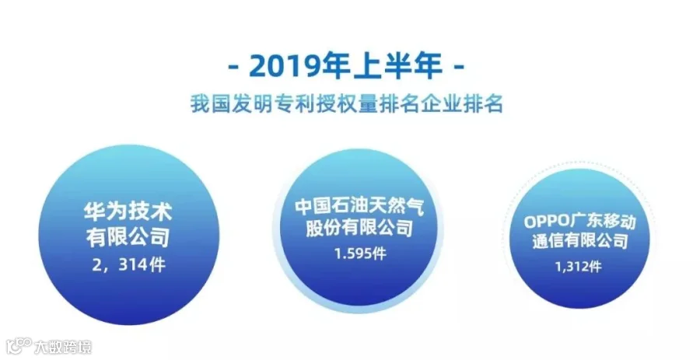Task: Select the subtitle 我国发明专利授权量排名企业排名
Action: click(x=347, y=104)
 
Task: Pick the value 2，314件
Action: click(x=128, y=265)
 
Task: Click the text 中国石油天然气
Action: click(x=359, y=207)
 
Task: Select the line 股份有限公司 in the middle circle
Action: click(x=359, y=228)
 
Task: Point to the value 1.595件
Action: click(x=360, y=253)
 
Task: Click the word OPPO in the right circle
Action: click(x=547, y=222)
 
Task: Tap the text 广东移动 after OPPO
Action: click(x=603, y=222)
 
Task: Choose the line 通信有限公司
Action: click(x=580, y=241)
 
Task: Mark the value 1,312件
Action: click(x=578, y=267)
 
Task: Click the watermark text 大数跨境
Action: click(x=64, y=347)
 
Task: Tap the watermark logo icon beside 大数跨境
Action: click(x=19, y=346)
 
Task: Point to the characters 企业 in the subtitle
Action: click(x=441, y=104)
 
